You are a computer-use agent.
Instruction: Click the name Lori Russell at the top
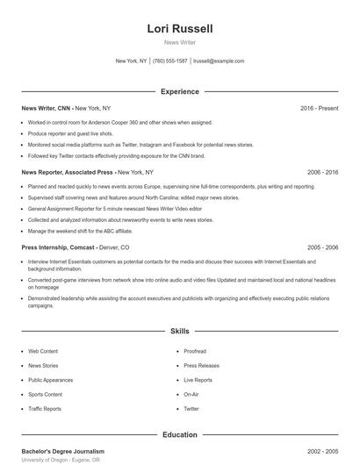point(180,29)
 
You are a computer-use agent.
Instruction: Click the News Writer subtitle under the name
point(180,43)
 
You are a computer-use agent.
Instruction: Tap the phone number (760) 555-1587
point(170,61)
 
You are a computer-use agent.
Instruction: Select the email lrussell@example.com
point(219,61)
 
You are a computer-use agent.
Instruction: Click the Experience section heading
point(180,91)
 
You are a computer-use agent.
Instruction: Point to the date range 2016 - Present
point(319,108)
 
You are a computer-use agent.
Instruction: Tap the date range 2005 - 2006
point(322,248)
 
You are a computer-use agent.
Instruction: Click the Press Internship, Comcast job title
point(58,248)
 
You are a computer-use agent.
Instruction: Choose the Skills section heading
point(180,332)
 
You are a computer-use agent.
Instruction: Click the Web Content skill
point(43,351)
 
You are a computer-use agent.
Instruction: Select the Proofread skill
point(195,351)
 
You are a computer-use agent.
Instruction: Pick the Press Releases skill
point(201,365)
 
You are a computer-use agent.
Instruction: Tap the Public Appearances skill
point(52,380)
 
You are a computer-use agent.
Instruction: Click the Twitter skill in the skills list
point(191,409)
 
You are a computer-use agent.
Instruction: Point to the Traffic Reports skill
point(45,409)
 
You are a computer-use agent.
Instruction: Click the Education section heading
point(180,434)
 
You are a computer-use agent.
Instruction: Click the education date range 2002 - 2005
point(322,451)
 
